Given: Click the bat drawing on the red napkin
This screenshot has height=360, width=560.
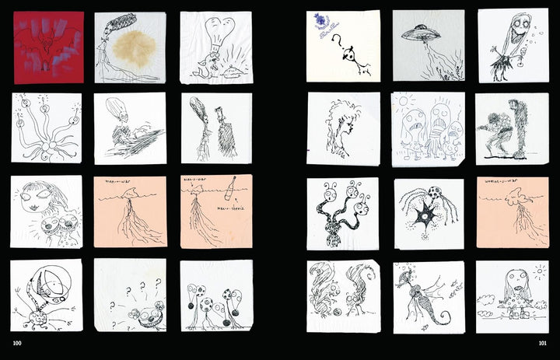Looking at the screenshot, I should [48, 42].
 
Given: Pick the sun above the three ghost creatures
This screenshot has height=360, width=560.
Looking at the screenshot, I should [404, 102].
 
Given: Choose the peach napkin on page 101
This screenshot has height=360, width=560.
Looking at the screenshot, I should [512, 211].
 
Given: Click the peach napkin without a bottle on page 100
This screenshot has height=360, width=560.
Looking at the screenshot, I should [130, 211].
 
